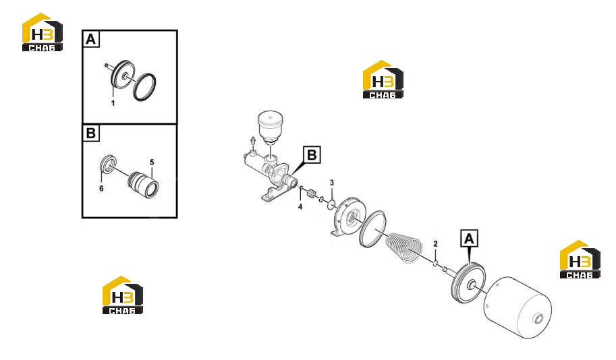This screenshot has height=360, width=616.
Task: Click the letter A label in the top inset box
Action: pos(91,39)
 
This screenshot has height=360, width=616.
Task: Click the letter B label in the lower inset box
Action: pos(91,133)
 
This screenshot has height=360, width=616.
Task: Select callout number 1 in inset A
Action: pos(113,103)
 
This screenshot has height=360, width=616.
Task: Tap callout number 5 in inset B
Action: pos(152,162)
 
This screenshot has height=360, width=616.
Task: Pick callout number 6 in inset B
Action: pos(101,189)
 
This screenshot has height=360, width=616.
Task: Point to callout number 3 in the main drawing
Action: pos(332,183)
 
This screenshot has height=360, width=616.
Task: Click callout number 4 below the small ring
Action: pos(300,206)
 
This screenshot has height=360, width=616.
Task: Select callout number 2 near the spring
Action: pos(435,244)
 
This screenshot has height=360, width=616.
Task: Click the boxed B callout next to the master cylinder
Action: pos(312,155)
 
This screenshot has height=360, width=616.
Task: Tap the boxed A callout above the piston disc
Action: pos(469,239)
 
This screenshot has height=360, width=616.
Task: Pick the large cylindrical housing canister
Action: pos(517,307)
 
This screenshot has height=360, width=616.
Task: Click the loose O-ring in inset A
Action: pos(144,87)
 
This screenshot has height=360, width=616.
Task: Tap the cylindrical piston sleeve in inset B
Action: pos(143,185)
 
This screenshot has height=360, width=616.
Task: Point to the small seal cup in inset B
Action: pos(108,164)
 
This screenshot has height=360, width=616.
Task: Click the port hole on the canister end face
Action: pos(538,318)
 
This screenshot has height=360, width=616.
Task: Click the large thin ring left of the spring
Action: pos(372,229)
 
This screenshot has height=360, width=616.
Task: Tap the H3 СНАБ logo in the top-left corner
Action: pos(43,32)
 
